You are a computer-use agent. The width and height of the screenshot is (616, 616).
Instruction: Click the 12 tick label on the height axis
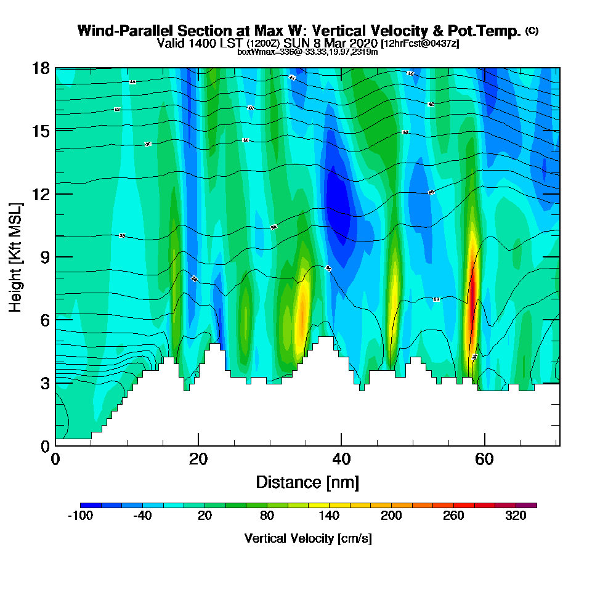pyautogui.click(x=41, y=194)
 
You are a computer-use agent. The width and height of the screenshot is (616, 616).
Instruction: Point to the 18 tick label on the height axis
pyautogui.click(x=41, y=68)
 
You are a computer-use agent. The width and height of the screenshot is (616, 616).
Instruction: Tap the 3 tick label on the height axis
pyautogui.click(x=44, y=383)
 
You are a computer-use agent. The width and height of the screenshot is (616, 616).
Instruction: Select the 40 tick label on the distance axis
pyautogui.click(x=341, y=460)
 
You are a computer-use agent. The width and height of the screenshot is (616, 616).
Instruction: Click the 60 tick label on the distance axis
pyautogui.click(x=485, y=460)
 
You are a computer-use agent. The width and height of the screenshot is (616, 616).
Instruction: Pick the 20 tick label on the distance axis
pyautogui.click(x=198, y=460)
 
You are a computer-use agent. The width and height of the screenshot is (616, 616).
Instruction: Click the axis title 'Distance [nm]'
pyautogui.click(x=307, y=482)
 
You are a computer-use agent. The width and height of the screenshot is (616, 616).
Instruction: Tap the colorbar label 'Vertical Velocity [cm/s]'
pyautogui.click(x=307, y=538)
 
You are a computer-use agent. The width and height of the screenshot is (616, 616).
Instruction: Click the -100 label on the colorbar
pyautogui.click(x=79, y=517)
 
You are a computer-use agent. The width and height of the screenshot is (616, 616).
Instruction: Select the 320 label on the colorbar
pyautogui.click(x=516, y=517)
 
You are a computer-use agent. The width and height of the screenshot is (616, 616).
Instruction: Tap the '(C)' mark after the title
pyautogui.click(x=532, y=31)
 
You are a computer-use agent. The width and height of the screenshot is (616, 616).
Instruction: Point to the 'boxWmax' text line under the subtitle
pyautogui.click(x=307, y=52)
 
